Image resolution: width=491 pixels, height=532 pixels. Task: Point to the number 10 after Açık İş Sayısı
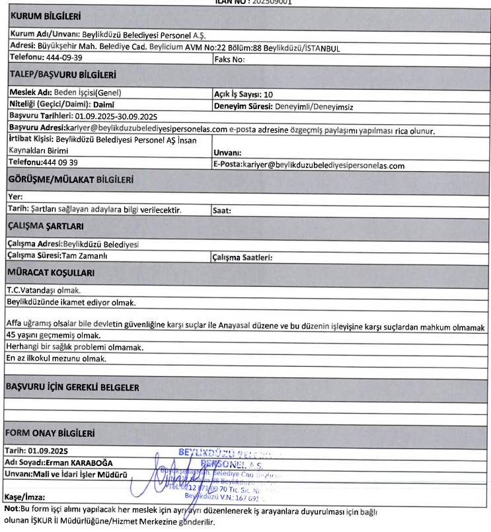coord(268,94)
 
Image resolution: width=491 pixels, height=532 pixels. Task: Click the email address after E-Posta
coord(323,165)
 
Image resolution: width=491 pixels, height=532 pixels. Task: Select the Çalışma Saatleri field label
coord(242,256)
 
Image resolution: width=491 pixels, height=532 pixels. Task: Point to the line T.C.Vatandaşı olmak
coord(44,289)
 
